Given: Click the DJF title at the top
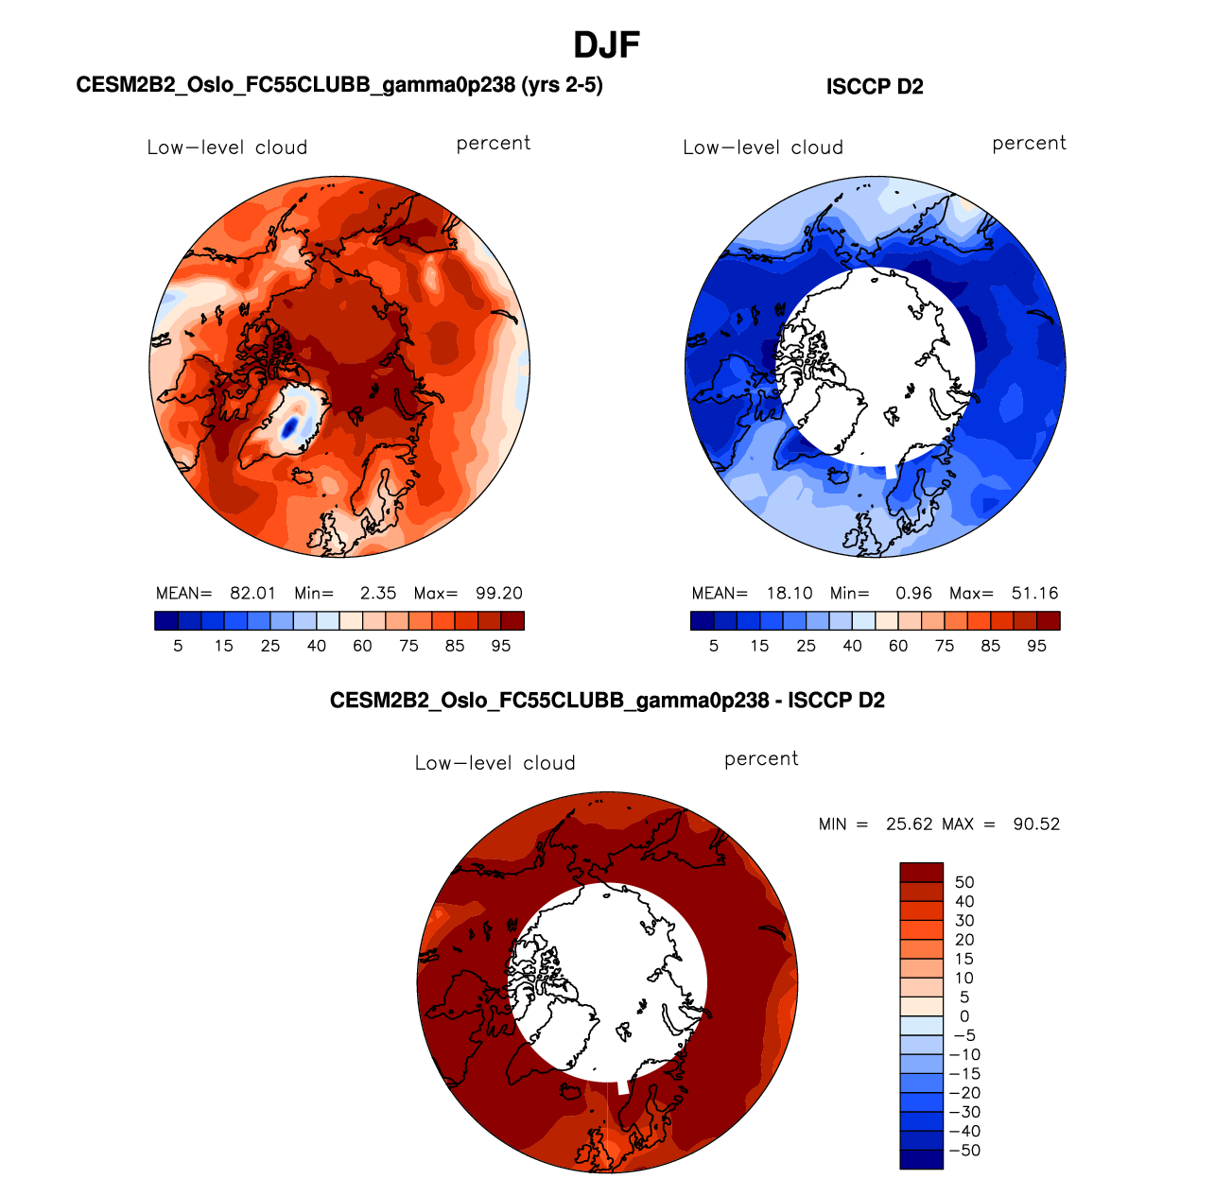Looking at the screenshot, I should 607,44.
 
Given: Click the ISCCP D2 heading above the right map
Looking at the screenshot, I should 875,87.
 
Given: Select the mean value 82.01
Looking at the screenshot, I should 252,594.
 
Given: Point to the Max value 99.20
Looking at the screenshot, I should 499,594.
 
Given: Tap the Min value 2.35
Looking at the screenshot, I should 378,594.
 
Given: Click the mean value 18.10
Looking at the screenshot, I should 790,594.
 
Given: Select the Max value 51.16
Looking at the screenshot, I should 1035,594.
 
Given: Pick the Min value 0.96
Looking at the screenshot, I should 914,594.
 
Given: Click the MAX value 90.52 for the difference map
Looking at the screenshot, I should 1036,824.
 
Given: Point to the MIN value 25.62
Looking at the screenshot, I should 910,824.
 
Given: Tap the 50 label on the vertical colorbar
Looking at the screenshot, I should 964,883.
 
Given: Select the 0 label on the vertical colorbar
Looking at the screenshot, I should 964,1017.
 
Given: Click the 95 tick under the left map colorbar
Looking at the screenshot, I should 501,646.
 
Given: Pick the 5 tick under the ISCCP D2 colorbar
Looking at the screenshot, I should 714,646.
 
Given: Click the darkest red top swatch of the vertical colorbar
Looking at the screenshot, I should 921,872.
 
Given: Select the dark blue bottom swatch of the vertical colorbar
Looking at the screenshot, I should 921,1159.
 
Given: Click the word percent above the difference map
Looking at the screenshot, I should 761,759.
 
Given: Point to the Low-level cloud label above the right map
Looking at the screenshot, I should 763,147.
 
